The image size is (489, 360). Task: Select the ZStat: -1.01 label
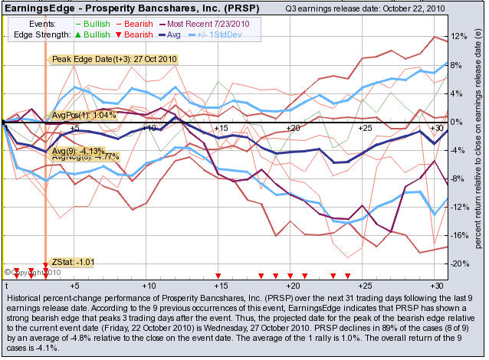(73, 262)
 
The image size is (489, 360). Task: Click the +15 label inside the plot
(222, 127)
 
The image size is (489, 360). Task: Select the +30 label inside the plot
(438, 127)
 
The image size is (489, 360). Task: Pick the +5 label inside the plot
(74, 127)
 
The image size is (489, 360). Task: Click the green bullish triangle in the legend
(77, 34)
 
